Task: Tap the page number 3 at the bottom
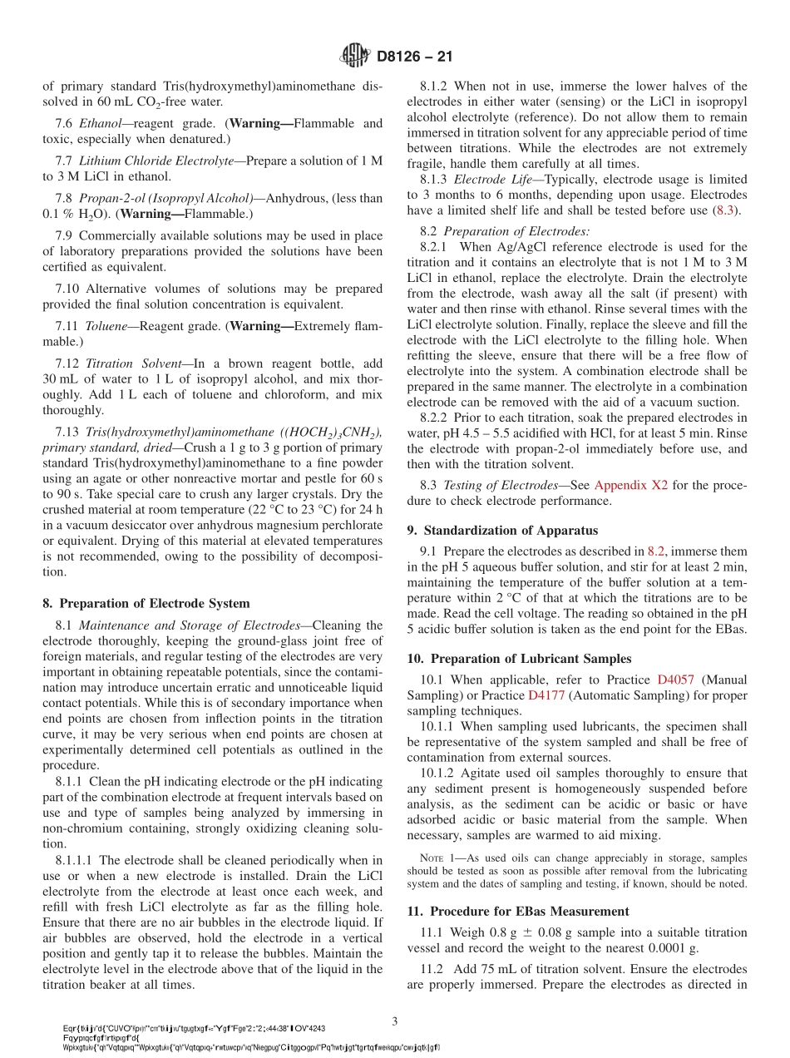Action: [x=395, y=1020]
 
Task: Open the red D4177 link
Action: [x=546, y=695]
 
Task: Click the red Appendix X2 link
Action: [x=630, y=486]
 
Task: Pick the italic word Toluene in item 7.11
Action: [x=108, y=327]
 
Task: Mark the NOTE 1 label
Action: [x=437, y=858]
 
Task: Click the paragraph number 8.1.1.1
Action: [x=76, y=860]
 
